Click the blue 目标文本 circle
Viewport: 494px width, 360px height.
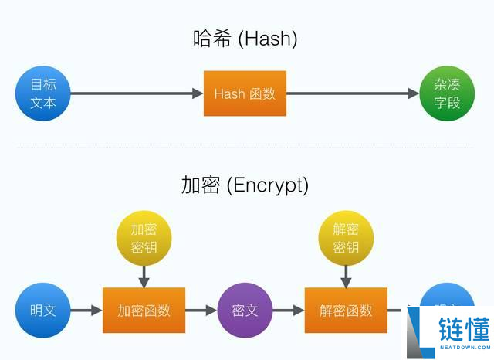click(42, 93)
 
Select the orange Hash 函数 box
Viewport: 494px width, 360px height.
click(245, 93)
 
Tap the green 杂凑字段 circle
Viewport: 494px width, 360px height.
click(447, 93)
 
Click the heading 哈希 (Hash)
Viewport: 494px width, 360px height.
click(245, 39)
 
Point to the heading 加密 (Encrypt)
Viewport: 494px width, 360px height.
click(245, 185)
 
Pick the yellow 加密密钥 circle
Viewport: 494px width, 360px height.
click(144, 239)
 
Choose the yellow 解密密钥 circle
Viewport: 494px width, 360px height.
click(346, 239)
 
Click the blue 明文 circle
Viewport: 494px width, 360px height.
click(42, 311)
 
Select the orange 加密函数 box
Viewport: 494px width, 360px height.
click(144, 311)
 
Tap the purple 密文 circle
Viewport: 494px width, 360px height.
click(245, 311)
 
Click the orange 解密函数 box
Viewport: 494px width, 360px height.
click(346, 311)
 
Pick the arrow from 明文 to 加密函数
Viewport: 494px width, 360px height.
click(86, 311)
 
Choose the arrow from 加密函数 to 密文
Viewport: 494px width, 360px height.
click(201, 311)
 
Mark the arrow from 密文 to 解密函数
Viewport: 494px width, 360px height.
click(288, 311)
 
